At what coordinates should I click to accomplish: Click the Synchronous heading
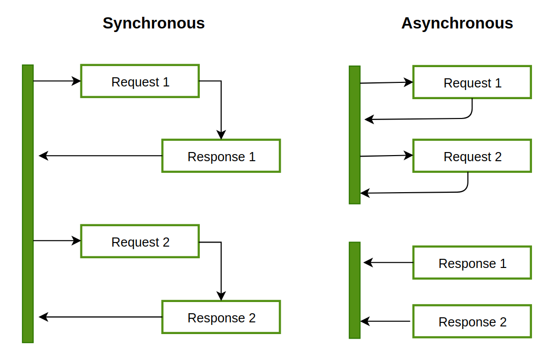point(154,23)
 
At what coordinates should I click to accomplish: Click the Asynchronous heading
point(457,23)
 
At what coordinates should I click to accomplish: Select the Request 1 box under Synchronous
point(140,81)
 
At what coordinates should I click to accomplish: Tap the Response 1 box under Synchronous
point(221,156)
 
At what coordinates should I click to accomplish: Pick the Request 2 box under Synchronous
point(140,242)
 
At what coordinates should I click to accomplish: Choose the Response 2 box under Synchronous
point(221,317)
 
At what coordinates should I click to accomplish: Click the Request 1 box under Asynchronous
point(472,82)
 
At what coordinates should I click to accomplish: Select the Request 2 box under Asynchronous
point(472,156)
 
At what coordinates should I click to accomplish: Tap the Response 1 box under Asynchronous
point(472,263)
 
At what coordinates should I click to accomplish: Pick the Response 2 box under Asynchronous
point(472,321)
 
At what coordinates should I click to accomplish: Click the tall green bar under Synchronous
point(27,203)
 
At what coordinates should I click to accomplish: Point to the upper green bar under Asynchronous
point(355,135)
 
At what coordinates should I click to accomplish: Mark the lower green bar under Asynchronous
point(355,290)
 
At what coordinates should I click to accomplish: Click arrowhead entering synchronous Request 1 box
point(77,81)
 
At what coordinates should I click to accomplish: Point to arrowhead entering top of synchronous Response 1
point(221,135)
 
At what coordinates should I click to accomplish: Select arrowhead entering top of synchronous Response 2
point(221,296)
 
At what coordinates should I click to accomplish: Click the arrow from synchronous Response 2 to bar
point(102,317)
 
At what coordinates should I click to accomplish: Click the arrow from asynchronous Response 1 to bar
point(389,263)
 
